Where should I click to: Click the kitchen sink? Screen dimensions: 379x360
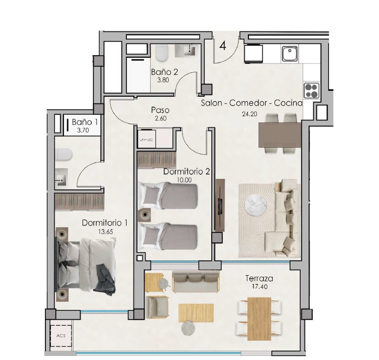pyautogui.click(x=290, y=54)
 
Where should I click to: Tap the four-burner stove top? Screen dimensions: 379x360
pyautogui.click(x=311, y=90)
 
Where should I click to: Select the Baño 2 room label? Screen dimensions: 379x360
pyautogui.click(x=164, y=72)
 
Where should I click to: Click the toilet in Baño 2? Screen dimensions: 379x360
pyautogui.click(x=161, y=53)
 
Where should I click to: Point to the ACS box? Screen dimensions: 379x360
pyautogui.click(x=61, y=336)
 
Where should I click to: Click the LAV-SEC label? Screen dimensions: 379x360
pyautogui.click(x=147, y=139)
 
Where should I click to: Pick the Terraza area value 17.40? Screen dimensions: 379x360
pyautogui.click(x=259, y=287)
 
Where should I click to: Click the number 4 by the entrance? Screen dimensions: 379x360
pyautogui.click(x=223, y=45)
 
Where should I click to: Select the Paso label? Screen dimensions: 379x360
pyautogui.click(x=160, y=110)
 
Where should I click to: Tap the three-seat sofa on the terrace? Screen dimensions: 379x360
pyautogui.click(x=196, y=282)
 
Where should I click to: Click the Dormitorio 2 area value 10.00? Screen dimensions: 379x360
pyautogui.click(x=184, y=180)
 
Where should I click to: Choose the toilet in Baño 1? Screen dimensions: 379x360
pyautogui.click(x=63, y=154)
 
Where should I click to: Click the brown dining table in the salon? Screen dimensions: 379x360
pyautogui.click(x=280, y=135)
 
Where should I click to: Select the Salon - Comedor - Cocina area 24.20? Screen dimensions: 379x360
pyautogui.click(x=250, y=114)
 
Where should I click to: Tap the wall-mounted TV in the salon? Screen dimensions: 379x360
pyautogui.click(x=220, y=206)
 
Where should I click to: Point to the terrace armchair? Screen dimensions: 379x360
pyautogui.click(x=157, y=308)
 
